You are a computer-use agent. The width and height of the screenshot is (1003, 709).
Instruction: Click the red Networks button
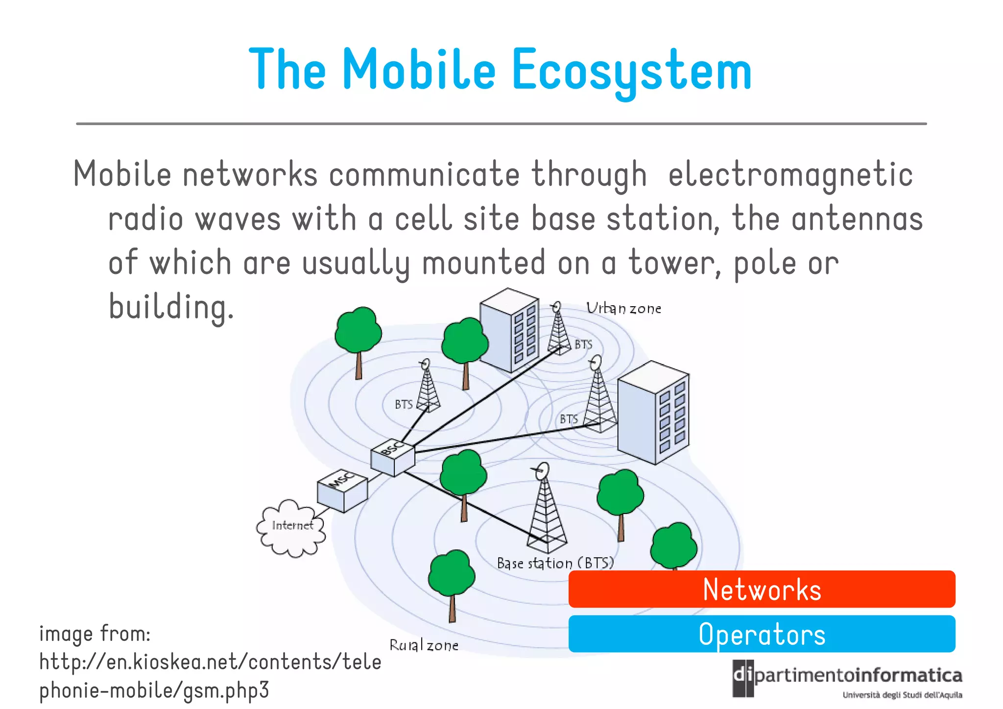tap(762, 589)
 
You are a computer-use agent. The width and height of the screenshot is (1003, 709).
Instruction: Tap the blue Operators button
tap(762, 634)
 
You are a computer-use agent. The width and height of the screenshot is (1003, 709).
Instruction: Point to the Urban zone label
tap(623, 308)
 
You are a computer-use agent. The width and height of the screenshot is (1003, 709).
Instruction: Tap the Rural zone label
tap(424, 645)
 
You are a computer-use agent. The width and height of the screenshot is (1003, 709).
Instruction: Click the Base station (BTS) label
tap(555, 563)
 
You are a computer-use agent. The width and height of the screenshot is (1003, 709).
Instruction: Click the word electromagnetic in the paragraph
tap(790, 175)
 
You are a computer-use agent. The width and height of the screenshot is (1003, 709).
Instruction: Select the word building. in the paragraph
tap(171, 307)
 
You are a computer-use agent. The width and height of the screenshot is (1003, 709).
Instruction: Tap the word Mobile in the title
tap(419, 70)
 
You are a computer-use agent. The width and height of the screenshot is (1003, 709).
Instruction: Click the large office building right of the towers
tap(653, 413)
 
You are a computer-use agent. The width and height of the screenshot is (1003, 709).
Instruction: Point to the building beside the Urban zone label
tap(509, 329)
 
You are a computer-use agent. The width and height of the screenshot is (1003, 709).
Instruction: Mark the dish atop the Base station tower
tap(542, 471)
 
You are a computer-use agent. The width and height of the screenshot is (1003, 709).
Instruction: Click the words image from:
tap(95, 634)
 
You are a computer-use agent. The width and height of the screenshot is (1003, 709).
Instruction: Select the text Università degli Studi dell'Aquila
tap(902, 695)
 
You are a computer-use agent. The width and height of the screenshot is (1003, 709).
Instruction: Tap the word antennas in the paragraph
tap(857, 219)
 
